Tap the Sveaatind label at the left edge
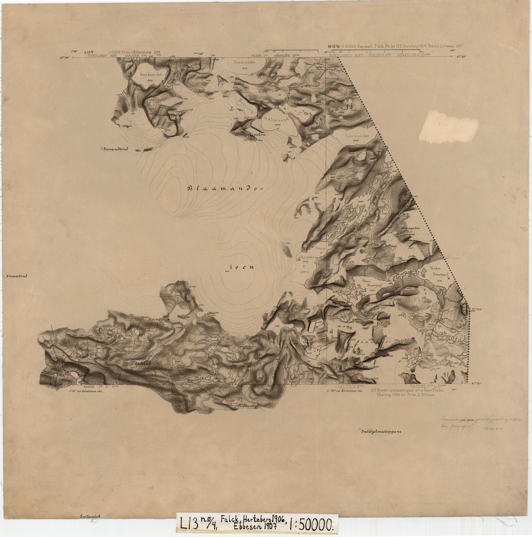pos(15,275)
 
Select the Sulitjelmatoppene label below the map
pos(381,431)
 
